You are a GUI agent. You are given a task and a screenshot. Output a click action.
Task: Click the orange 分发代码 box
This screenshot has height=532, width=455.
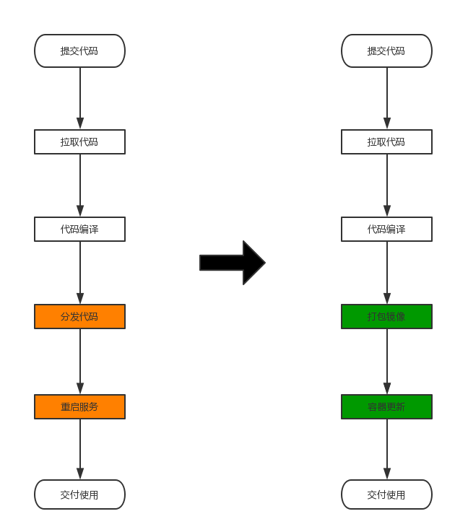coord(79,316)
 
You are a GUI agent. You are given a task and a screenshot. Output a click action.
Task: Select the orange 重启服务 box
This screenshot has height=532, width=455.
coord(79,406)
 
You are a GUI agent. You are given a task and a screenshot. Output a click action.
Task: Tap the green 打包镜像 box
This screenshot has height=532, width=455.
coord(386,316)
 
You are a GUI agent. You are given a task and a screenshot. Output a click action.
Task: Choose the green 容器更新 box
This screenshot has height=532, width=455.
coord(386,406)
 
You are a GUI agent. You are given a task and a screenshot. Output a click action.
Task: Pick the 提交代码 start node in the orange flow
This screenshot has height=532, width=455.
coord(79,51)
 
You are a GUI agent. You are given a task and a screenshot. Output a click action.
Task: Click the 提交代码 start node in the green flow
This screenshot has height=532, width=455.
coord(386,51)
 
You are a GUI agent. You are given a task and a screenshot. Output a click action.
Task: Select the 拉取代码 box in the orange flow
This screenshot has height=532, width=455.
coord(79,141)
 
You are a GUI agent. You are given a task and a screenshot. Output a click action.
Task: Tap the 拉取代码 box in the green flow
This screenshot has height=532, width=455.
coord(386,141)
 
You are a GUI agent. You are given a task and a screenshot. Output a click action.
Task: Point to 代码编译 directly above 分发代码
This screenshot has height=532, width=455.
coord(79,229)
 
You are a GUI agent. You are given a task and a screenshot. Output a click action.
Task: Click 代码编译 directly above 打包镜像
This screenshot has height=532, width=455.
coord(386,229)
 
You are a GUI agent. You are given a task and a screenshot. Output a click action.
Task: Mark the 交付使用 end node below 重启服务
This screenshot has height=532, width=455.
coord(79,494)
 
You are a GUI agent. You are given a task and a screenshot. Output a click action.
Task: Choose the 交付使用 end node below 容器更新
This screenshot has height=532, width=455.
coord(386,494)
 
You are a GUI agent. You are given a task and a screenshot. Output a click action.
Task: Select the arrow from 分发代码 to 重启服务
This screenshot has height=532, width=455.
coord(80,361)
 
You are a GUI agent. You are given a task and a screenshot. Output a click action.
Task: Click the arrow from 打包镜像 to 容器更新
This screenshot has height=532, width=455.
coord(387,361)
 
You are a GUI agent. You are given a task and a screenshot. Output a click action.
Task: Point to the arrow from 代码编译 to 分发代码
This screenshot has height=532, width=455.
coord(80,271)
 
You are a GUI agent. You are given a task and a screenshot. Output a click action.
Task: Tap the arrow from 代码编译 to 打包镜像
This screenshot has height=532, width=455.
coord(387,271)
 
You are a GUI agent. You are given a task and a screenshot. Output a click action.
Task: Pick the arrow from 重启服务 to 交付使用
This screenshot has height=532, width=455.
coord(80,448)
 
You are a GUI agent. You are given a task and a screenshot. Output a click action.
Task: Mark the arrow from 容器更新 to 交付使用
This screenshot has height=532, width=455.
coord(387,448)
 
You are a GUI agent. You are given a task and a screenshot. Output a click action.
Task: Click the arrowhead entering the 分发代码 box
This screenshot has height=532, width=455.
coord(80,298)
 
